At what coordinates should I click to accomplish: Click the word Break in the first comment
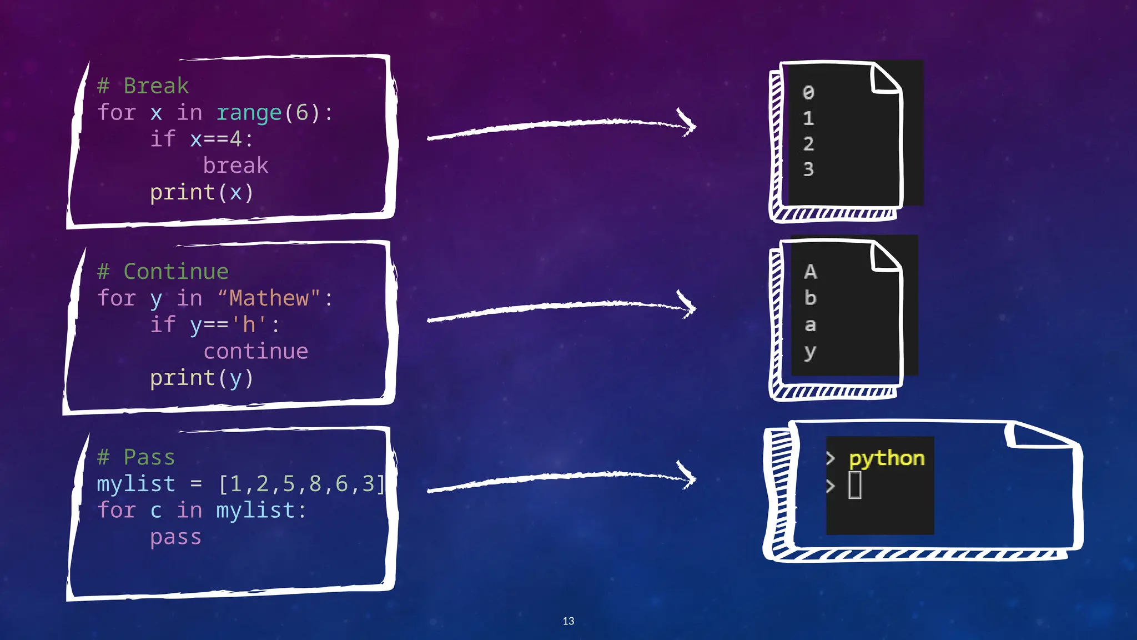point(156,86)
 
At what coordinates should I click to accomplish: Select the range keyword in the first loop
point(249,113)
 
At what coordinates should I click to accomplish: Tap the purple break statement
point(235,166)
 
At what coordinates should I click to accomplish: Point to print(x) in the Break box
point(202,192)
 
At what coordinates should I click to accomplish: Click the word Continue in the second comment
point(175,272)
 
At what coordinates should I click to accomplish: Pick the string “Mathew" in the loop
point(269,298)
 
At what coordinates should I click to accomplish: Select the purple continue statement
point(255,351)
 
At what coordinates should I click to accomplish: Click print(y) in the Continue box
point(202,378)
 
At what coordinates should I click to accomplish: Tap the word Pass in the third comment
point(149,457)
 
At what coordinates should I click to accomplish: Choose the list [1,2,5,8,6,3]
point(301,484)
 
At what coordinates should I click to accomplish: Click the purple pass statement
point(175,537)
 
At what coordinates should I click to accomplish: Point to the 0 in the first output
point(808,93)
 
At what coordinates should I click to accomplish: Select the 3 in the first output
point(808,169)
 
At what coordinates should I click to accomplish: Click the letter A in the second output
point(810,272)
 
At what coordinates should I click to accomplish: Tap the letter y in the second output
point(810,352)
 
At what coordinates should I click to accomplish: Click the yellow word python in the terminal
point(887,458)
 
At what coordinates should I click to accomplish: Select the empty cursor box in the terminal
point(855,485)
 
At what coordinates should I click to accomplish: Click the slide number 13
point(568,621)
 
